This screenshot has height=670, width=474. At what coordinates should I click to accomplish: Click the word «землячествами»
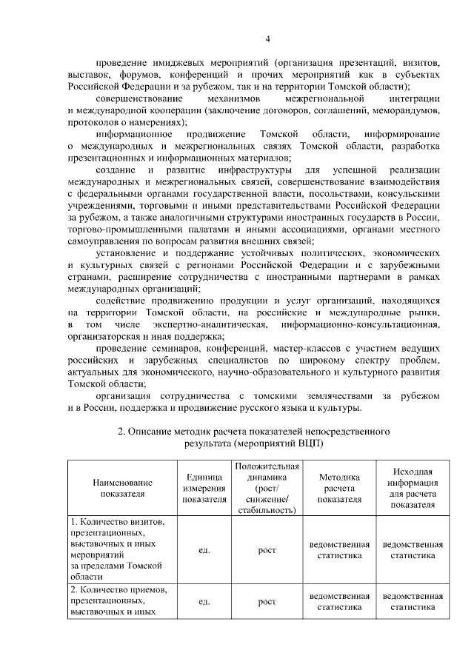pyautogui.click(x=325, y=395)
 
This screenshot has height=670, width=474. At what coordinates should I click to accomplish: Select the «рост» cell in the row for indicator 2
pyautogui.click(x=266, y=602)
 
